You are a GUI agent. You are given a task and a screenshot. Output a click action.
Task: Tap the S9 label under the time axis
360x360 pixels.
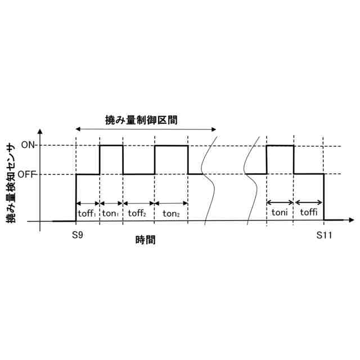(78, 235)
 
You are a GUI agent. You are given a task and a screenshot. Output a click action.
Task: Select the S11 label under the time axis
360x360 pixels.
(324, 235)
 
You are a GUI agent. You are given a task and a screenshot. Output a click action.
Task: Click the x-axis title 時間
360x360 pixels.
(146, 240)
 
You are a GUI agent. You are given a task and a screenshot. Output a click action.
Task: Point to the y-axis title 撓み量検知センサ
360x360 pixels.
(11, 183)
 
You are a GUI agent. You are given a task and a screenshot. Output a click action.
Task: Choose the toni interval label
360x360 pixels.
(280, 212)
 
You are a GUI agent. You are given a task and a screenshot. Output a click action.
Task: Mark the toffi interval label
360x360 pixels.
(309, 212)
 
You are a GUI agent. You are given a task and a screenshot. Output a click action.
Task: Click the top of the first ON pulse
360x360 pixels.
(111, 145)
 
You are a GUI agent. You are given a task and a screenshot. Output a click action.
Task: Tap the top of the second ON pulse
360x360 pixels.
(171, 146)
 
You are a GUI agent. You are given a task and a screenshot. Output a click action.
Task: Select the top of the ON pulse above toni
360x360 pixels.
(280, 146)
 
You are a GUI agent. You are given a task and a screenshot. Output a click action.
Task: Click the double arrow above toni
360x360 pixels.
(280, 202)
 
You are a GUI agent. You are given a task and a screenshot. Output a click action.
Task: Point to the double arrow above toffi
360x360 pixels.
(309, 202)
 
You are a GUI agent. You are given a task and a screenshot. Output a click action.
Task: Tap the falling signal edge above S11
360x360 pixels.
(325, 197)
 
